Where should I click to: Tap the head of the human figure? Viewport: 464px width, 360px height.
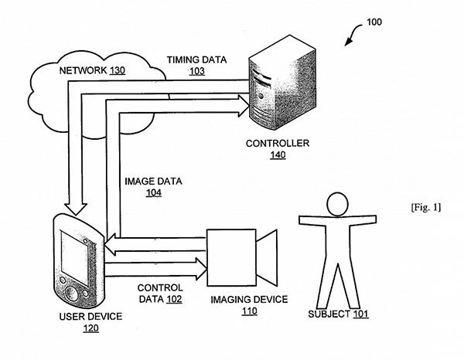click(x=336, y=205)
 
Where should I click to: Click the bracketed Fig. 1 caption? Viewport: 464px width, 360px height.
click(x=428, y=209)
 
